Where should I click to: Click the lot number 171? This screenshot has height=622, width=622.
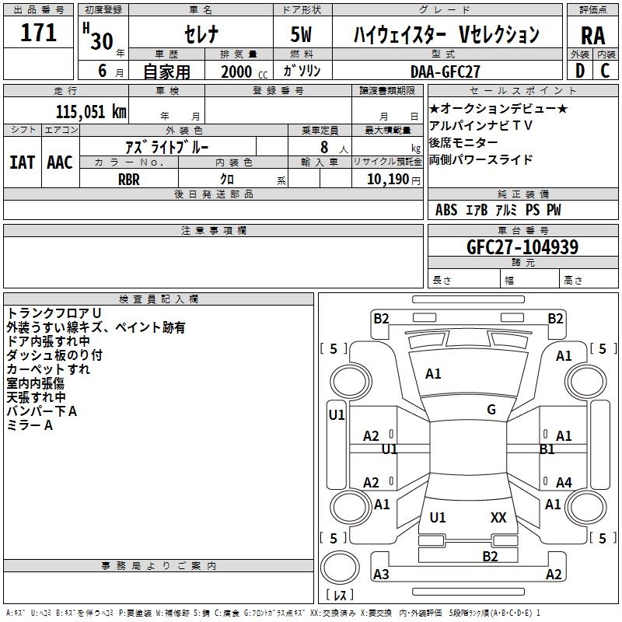pos(39,33)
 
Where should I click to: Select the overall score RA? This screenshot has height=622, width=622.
pos(593,36)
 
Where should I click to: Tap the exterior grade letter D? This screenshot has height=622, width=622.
pos(579,70)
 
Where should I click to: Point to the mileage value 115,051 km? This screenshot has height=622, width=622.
pos(91,111)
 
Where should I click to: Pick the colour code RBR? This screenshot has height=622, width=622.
pos(129,178)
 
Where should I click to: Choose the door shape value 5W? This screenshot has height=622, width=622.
pos(302,35)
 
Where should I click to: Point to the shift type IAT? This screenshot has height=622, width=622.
pos(22,162)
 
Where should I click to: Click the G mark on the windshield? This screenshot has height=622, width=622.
pos(491,410)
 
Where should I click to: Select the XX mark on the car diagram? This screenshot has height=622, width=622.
pos(498,517)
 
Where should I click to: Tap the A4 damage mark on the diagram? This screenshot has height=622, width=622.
pos(564,483)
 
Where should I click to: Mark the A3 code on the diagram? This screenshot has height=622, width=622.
pos(381,575)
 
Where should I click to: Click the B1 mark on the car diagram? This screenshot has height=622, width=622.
pos(547,449)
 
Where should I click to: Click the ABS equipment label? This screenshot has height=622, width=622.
pos(446,210)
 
